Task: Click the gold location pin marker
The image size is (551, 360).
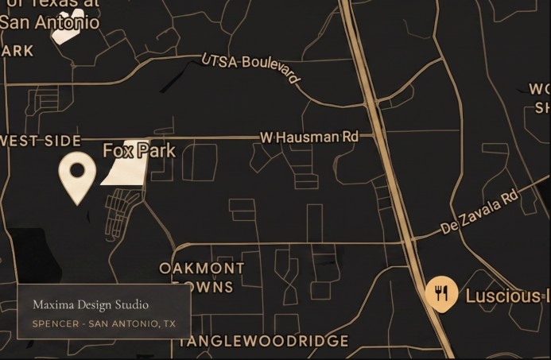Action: click(x=77, y=174)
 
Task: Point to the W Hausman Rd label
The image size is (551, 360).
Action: click(x=309, y=137)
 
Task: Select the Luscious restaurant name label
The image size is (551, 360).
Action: click(x=507, y=296)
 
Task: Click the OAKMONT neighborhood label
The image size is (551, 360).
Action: click(x=202, y=268)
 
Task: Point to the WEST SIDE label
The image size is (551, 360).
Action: click(x=41, y=141)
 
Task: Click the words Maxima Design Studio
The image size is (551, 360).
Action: click(x=91, y=304)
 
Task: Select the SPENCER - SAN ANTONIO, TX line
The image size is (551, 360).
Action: click(x=103, y=323)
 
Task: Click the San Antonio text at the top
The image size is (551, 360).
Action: click(x=50, y=22)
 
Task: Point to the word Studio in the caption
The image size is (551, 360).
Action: click(x=134, y=304)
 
